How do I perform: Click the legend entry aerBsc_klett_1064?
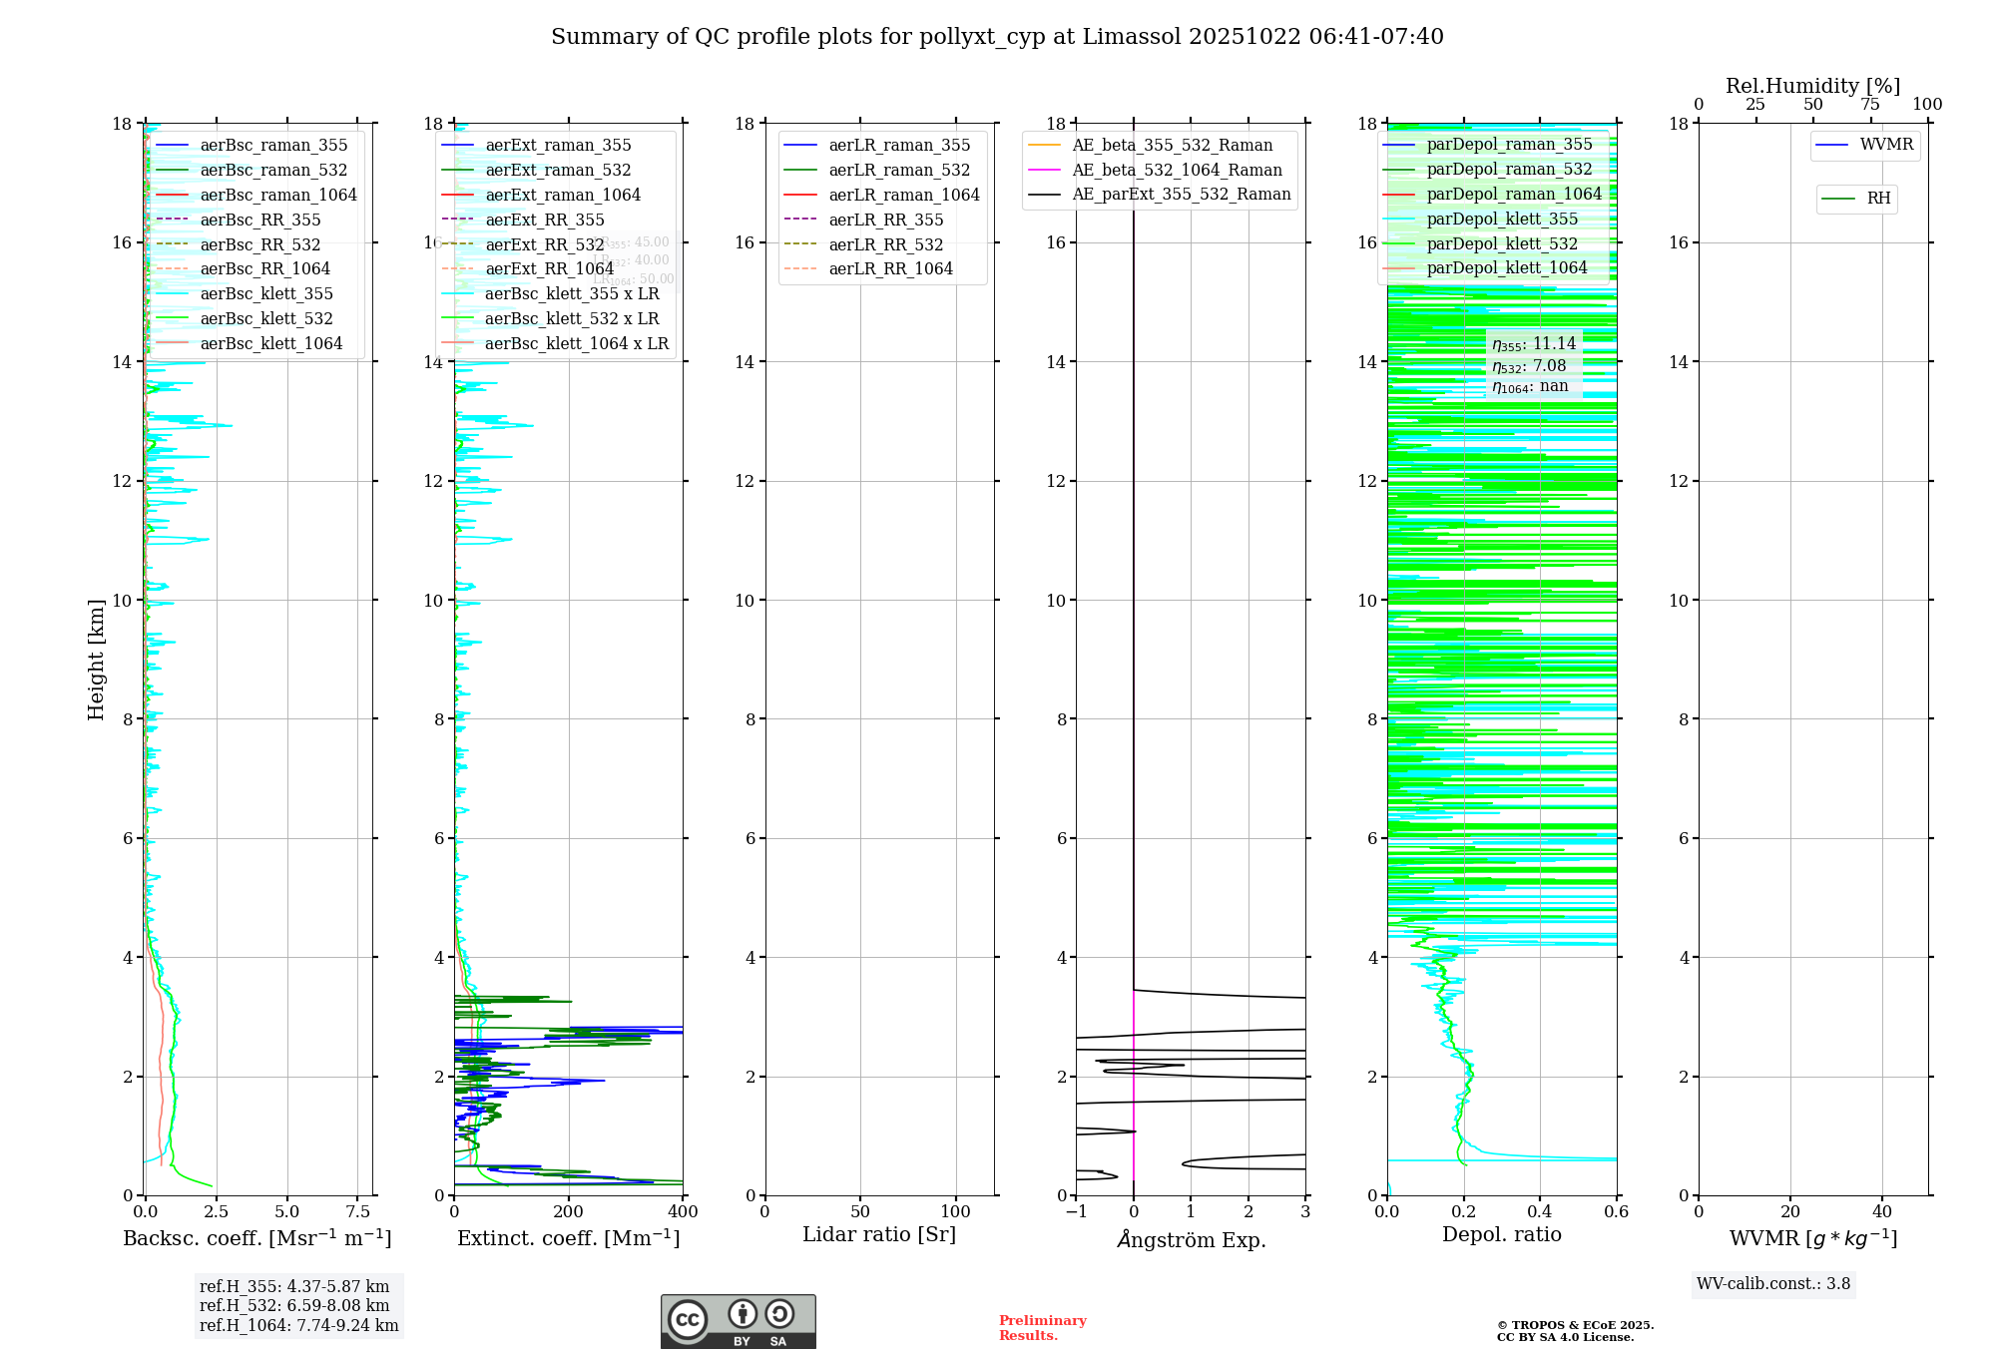(270, 343)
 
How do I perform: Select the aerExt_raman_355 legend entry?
(558, 146)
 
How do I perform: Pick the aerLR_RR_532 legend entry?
(885, 244)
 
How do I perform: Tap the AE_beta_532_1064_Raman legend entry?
(1177, 170)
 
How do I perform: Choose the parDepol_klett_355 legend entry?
(1502, 219)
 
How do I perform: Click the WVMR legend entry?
(1886, 145)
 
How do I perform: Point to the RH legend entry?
(1878, 199)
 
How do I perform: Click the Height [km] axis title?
(96, 660)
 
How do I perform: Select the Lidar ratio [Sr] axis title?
(879, 1234)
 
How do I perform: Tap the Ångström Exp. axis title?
(1191, 1239)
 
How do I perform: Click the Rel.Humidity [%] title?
(1812, 86)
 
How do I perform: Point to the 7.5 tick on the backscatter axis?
(358, 1211)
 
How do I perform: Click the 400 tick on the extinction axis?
(683, 1211)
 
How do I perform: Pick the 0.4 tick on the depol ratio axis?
(1540, 1211)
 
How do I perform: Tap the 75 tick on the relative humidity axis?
(1870, 105)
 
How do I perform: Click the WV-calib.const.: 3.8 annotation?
(1773, 1284)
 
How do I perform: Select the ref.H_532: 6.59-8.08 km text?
(294, 1306)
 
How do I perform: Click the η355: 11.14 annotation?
(1534, 344)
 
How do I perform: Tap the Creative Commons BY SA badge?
(738, 1322)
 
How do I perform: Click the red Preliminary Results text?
(1042, 1328)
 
